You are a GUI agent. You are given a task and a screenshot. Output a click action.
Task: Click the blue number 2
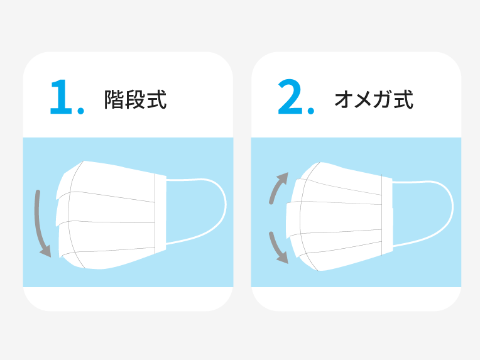point(291,99)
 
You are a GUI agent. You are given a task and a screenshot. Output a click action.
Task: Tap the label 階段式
point(135,100)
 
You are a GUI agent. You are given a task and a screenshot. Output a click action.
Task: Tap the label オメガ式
point(374,100)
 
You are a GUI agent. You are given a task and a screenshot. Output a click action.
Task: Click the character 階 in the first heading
point(114,100)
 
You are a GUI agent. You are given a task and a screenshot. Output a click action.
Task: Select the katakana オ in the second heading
point(344,100)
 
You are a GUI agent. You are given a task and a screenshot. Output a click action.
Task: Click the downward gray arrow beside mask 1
point(41,223)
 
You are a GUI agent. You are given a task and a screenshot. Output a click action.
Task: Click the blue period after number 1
point(80,112)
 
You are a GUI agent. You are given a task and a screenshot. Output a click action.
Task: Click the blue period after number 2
point(310,112)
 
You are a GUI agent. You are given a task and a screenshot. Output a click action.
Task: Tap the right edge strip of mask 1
point(160,214)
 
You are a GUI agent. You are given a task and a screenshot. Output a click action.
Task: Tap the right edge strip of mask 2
point(387,214)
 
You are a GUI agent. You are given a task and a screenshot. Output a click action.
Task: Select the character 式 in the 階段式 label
point(156,100)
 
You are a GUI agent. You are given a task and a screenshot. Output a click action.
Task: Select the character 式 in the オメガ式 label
point(404,100)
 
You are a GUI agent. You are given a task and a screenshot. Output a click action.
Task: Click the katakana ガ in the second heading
point(384,100)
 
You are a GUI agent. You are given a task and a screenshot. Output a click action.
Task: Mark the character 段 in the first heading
point(135,100)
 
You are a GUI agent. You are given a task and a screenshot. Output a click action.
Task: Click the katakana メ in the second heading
point(364,100)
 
